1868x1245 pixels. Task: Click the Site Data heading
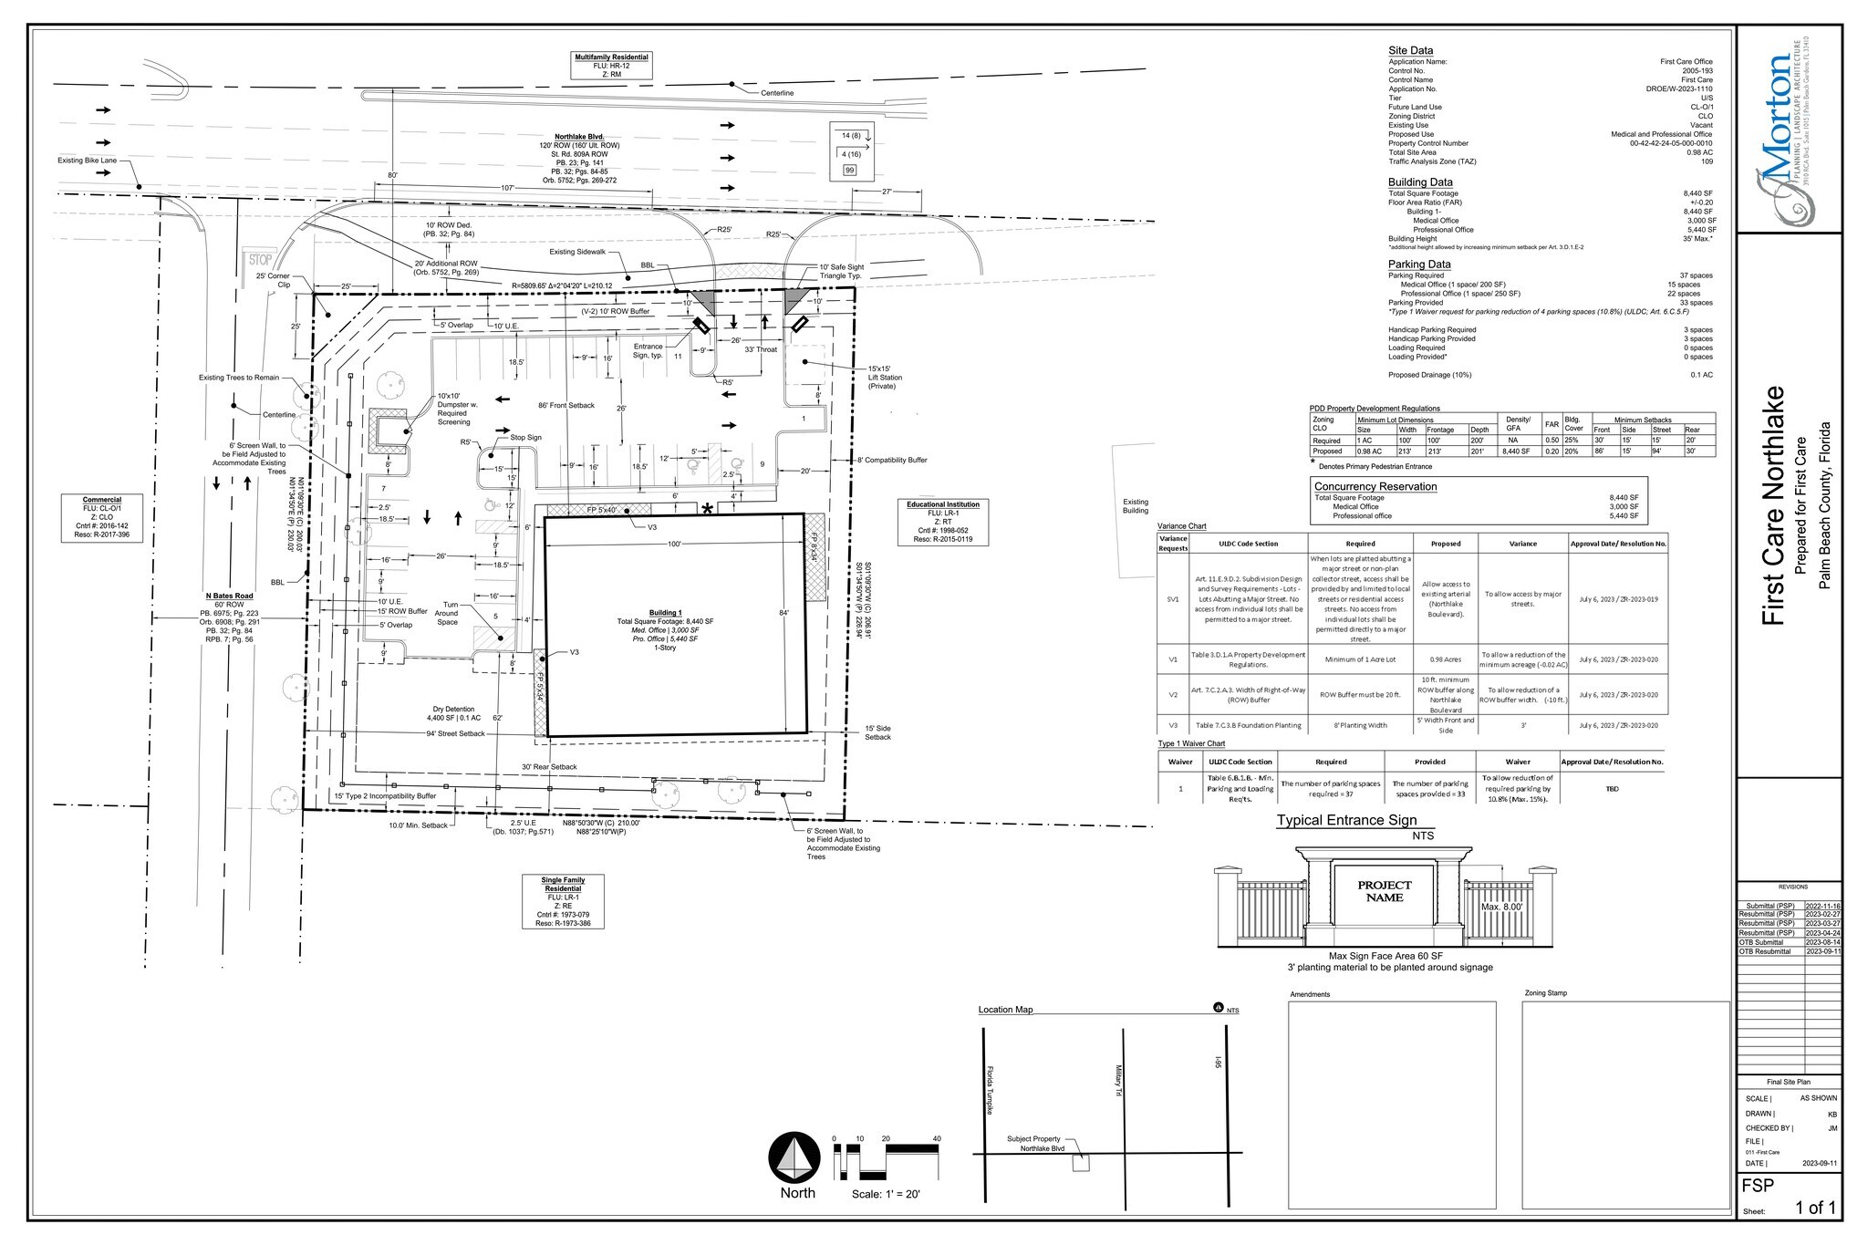coord(1410,51)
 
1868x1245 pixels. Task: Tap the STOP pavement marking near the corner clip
coord(260,260)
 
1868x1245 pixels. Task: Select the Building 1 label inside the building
coord(665,613)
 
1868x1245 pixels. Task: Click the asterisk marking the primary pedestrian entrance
coord(707,509)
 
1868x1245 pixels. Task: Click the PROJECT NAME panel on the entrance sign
coord(1384,891)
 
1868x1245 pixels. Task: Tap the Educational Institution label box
coord(942,522)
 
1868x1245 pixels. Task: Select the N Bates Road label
coord(229,596)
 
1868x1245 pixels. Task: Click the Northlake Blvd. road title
coord(579,137)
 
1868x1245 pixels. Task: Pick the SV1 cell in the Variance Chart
coord(1173,599)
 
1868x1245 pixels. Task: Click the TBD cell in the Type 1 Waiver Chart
coord(1612,788)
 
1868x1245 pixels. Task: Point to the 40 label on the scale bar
coord(936,1139)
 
